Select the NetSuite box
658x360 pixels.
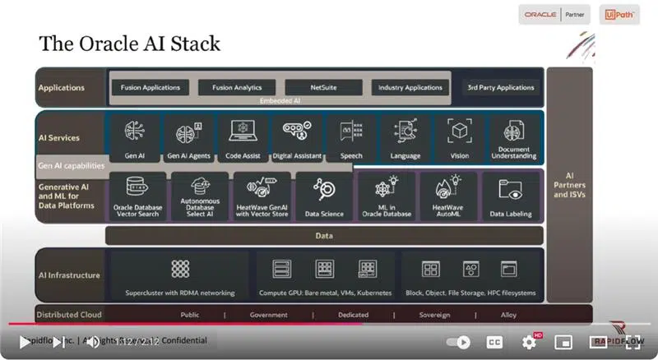323,87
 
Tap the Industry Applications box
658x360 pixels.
411,87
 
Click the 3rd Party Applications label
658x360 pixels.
501,87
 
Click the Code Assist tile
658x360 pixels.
243,138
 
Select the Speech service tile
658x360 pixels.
351,138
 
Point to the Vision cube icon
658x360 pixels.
459,132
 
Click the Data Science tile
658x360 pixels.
323,196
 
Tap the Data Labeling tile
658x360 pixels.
510,196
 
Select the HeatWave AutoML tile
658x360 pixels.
448,196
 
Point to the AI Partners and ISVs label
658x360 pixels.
569,185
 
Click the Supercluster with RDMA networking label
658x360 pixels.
179,293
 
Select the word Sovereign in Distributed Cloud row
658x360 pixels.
434,315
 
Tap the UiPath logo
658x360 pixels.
619,15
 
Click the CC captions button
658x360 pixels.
494,342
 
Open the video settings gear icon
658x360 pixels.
529,342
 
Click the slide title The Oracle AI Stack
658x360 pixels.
129,42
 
